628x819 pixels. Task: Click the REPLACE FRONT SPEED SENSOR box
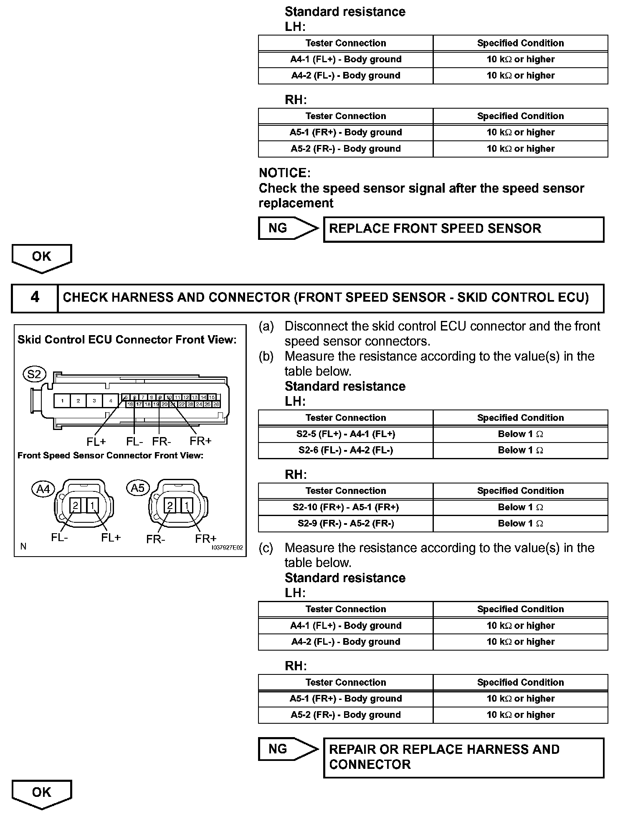[463, 229]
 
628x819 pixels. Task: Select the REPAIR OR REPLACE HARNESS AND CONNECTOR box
[463, 758]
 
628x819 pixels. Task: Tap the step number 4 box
[35, 298]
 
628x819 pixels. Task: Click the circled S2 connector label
[34, 374]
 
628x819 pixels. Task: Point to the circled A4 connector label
[43, 488]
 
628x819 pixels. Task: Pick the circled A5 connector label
[138, 488]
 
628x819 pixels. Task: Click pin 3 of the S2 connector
[94, 401]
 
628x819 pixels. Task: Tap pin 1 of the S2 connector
[62, 401]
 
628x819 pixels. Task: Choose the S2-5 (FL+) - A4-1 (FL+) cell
[346, 434]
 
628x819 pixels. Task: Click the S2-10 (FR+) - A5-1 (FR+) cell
[346, 507]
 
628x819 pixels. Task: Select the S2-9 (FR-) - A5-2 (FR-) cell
[346, 524]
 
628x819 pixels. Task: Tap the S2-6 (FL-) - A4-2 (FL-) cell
[346, 450]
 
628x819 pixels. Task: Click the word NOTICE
[284, 173]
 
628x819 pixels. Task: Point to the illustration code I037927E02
[227, 547]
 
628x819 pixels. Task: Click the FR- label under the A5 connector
[156, 539]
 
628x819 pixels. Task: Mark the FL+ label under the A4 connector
[111, 538]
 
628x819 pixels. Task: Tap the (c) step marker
[266, 548]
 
